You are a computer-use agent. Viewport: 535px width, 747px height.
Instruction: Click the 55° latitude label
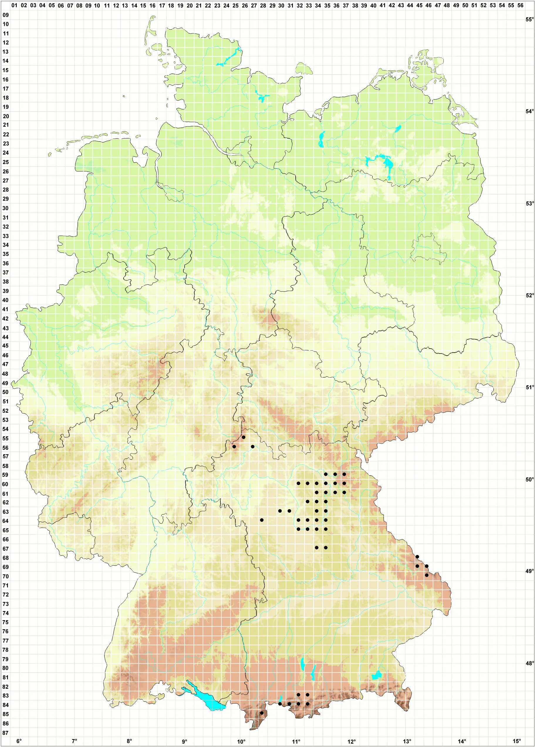529,19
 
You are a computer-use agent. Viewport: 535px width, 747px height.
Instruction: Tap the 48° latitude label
529,663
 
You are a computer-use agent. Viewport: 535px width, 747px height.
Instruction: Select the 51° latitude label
529,387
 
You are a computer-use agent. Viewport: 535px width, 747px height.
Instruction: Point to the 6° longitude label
19,741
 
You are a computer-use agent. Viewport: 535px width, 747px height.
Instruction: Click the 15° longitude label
517,741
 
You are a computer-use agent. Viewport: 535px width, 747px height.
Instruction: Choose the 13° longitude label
407,741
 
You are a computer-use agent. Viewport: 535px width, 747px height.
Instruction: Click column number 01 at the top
14,5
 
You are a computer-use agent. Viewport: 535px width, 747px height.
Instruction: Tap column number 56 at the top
520,5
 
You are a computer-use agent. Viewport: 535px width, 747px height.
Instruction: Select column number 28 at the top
263,5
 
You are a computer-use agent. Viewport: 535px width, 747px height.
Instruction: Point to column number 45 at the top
419,5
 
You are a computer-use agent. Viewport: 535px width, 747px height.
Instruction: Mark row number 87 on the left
6,733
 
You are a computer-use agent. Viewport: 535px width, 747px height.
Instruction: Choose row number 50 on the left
6,392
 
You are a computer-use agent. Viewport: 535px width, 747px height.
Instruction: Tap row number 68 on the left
6,558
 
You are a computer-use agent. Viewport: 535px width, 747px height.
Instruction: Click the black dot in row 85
262,713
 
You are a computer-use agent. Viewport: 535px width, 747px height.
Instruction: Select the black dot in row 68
417,557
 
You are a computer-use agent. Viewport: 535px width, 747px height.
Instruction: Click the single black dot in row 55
244,437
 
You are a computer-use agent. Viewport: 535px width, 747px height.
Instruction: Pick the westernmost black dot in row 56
234,447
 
